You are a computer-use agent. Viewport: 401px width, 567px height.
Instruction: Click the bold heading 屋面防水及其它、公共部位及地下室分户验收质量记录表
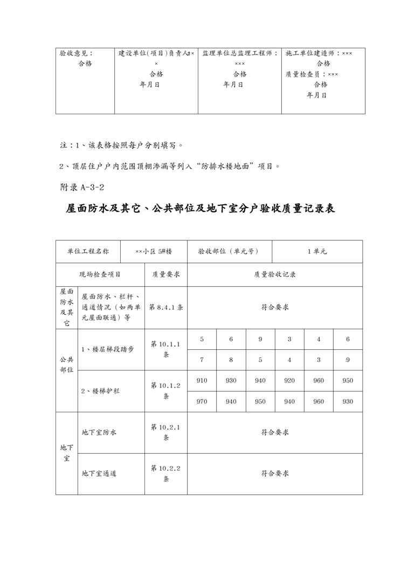(200, 209)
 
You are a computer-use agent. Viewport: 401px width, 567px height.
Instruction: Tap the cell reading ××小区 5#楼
(154, 251)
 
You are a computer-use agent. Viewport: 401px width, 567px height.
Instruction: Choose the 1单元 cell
(317, 251)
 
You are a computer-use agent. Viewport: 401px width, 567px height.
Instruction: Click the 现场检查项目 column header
(100, 274)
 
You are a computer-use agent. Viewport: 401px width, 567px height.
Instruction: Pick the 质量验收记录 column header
(275, 274)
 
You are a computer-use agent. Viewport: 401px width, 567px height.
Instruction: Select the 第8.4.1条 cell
(166, 307)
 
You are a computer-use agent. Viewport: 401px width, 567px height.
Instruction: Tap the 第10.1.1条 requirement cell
(165, 349)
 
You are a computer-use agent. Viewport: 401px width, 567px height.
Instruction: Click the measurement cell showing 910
(202, 381)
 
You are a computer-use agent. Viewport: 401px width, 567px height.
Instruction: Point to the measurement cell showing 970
(202, 401)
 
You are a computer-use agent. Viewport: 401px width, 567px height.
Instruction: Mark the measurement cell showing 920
(289, 381)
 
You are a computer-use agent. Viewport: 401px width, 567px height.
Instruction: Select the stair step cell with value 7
(202, 359)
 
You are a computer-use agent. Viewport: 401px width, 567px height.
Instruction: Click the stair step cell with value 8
(231, 359)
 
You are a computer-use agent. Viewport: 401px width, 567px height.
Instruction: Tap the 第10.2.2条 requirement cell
(165, 473)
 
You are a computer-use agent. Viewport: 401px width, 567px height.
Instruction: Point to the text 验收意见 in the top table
(76, 53)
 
